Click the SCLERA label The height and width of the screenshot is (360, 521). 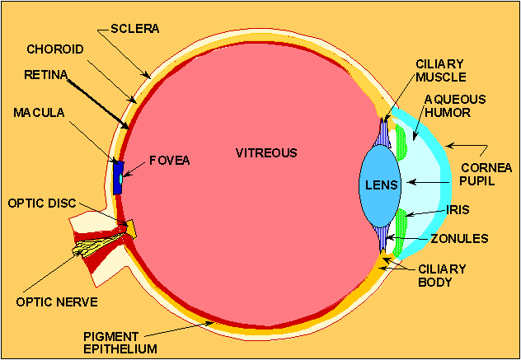point(134,29)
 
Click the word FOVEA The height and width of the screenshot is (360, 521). point(170,161)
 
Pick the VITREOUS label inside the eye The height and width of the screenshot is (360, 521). point(266,153)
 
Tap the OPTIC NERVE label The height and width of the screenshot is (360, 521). point(57,302)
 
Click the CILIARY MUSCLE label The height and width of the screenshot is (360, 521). point(441,70)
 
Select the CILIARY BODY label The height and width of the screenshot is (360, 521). point(444,276)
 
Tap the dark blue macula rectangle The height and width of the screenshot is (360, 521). point(119,175)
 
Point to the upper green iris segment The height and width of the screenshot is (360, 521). point(401,143)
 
